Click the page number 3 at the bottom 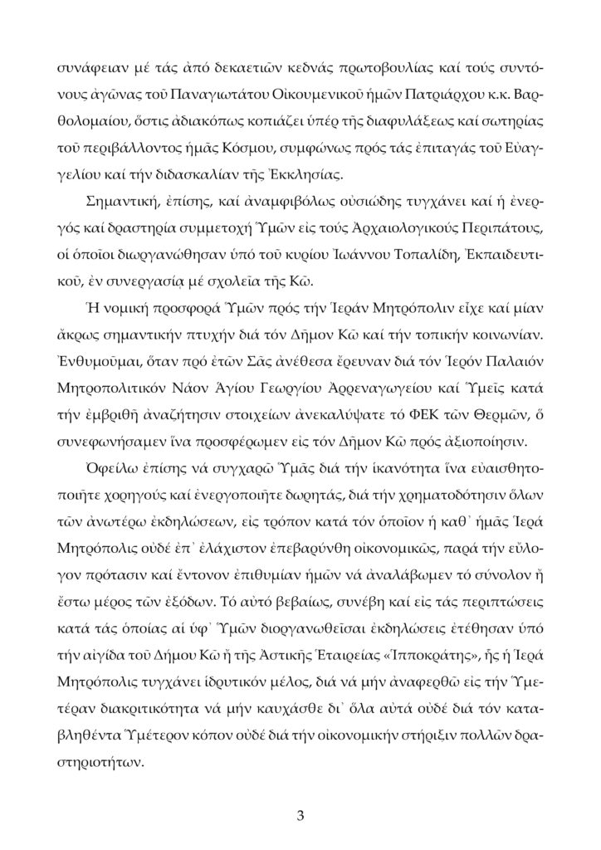click(300, 814)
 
